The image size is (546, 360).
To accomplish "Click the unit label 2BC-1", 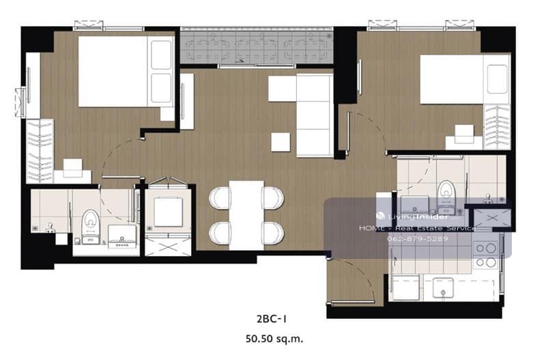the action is coord(272,319).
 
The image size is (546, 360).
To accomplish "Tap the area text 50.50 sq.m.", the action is coord(274,338).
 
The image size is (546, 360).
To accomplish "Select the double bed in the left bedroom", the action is coord(126,72).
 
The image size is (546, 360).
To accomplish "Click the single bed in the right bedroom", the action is coord(465,79).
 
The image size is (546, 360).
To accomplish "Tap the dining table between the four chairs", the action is coord(246,215).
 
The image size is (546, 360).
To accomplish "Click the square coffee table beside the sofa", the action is coord(281,142).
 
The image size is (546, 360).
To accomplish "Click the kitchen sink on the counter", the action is coord(442,288).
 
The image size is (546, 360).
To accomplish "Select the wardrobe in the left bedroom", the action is coord(40,151).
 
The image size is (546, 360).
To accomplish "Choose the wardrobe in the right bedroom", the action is coord(497,127).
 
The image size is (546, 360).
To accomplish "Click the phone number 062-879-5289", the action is coord(418,239).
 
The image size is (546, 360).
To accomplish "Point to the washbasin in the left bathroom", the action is coord(122,236).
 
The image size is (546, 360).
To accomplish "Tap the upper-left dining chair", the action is coord(220,198).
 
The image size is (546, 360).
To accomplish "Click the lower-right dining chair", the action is coord(274,232).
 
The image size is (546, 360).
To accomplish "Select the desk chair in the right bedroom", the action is coord(464,134).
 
